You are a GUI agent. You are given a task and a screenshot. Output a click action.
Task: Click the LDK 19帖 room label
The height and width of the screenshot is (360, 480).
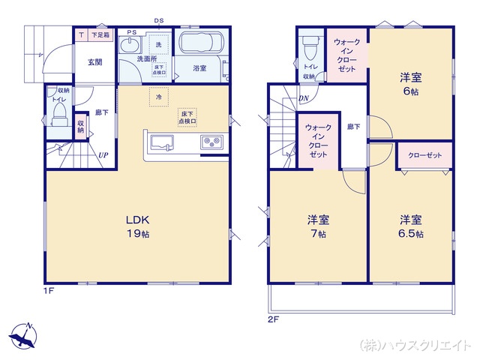click(138, 226)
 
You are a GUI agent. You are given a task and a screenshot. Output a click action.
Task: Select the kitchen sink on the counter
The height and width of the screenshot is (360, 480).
click(162, 142)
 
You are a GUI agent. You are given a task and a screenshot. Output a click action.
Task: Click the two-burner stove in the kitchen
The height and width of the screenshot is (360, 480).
click(210, 142)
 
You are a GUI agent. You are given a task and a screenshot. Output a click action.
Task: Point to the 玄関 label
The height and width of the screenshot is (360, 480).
click(94, 62)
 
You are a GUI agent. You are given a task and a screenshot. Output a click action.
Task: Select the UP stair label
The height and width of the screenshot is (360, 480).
click(103, 155)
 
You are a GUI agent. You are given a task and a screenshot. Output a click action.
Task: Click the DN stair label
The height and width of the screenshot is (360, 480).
click(304, 98)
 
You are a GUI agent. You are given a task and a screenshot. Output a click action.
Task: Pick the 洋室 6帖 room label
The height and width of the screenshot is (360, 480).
click(409, 82)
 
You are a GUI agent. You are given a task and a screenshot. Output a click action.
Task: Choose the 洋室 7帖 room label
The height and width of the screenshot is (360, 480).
click(318, 226)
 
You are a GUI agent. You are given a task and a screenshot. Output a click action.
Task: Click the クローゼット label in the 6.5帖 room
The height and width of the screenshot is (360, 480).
click(424, 155)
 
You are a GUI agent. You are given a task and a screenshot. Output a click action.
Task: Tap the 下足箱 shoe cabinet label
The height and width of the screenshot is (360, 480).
click(100, 34)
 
